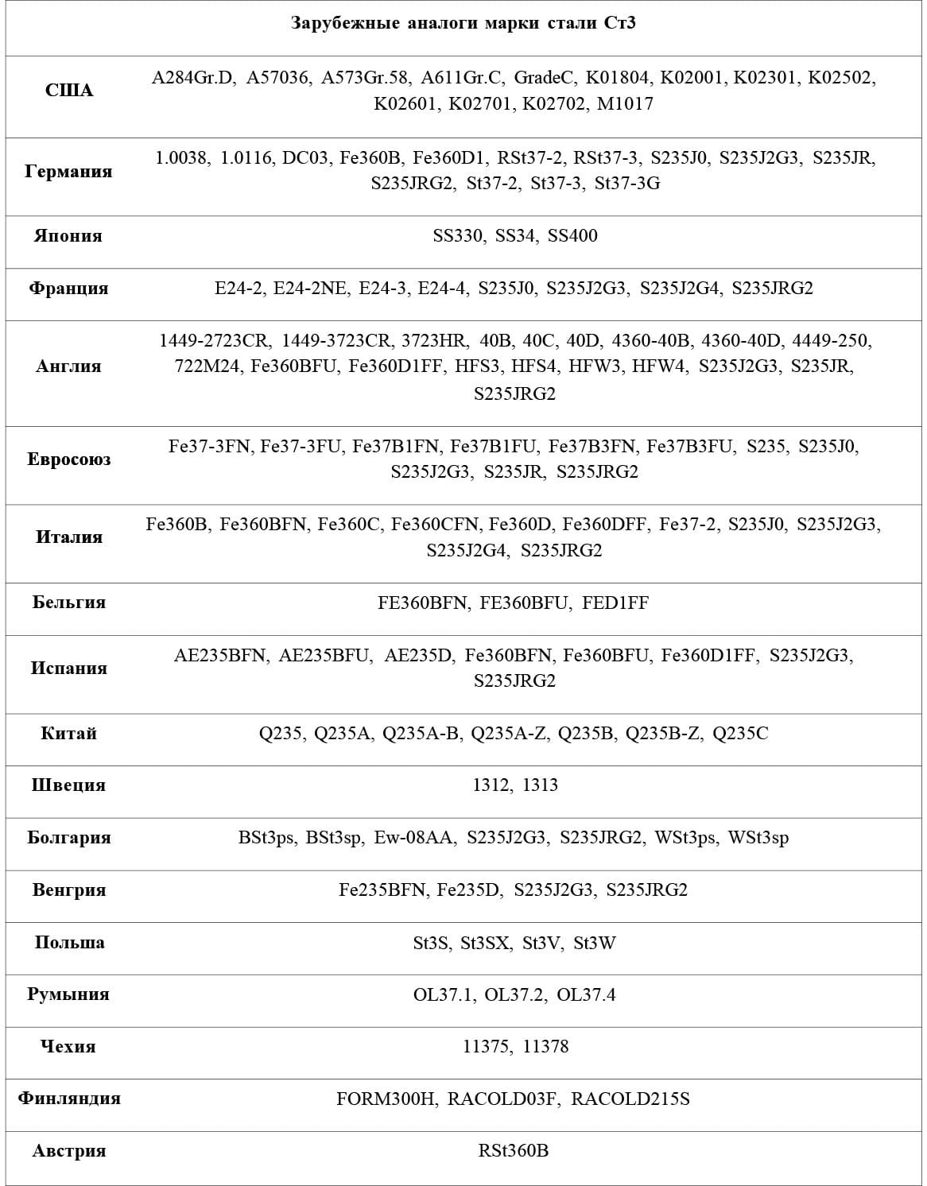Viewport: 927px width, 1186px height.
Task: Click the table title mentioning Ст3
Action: (463, 22)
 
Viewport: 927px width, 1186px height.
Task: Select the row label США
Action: (69, 91)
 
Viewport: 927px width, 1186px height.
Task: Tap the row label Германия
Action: (69, 171)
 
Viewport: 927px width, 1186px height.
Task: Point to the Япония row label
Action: (69, 235)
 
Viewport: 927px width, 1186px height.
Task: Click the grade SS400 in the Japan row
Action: (572, 235)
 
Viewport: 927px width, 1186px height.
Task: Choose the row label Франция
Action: (69, 288)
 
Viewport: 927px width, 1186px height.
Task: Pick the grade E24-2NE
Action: (311, 288)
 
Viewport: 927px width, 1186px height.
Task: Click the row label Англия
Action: (69, 366)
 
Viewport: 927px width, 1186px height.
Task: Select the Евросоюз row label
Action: (69, 459)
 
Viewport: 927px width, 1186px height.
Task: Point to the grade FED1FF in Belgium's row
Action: (615, 603)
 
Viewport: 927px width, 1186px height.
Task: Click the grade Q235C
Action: (740, 733)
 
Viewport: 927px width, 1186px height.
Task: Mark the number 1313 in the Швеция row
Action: (541, 785)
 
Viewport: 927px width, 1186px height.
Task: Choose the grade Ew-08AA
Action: (416, 838)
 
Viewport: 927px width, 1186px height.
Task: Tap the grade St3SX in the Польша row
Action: (487, 944)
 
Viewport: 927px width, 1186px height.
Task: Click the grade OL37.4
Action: (587, 995)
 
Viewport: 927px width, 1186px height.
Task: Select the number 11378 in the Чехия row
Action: (546, 1047)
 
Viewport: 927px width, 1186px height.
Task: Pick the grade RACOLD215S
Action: (630, 1099)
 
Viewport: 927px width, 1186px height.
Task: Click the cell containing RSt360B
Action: (514, 1151)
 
